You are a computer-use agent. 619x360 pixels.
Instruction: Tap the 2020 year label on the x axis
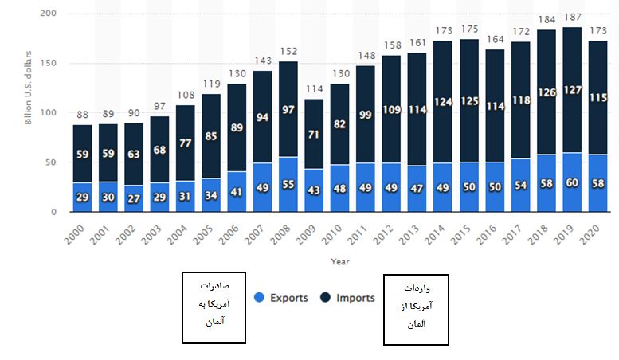point(591,233)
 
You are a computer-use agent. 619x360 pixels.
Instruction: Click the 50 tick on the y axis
point(52,162)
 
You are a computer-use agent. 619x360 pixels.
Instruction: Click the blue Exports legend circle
point(259,299)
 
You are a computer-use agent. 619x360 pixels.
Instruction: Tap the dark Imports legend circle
point(325,299)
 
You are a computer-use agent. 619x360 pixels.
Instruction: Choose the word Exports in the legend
point(288,299)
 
